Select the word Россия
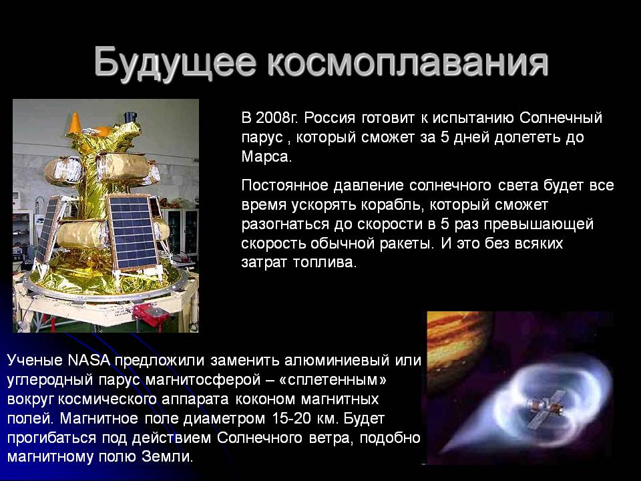tap(330, 118)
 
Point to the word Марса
tap(266, 156)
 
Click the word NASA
tap(89, 360)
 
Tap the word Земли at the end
tap(167, 457)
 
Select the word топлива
tap(325, 263)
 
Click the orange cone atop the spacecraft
tap(75, 122)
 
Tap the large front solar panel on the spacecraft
tap(132, 232)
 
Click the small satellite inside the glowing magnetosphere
tap(544, 408)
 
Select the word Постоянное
tap(285, 186)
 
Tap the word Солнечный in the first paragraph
tap(561, 118)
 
